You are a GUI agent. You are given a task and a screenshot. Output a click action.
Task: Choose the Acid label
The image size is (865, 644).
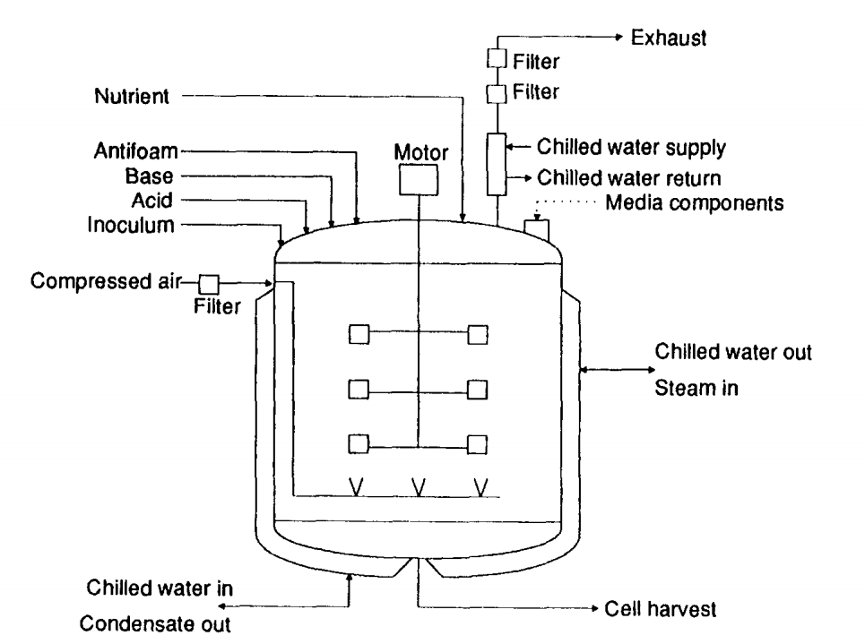[154, 200]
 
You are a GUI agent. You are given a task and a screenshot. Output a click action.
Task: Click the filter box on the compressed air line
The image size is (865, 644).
[209, 284]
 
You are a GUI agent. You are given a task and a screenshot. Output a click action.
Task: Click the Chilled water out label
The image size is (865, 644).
[733, 352]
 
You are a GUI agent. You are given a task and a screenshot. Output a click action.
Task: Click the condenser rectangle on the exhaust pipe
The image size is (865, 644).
[495, 164]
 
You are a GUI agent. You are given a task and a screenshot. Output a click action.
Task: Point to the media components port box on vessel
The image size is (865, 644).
[535, 230]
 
